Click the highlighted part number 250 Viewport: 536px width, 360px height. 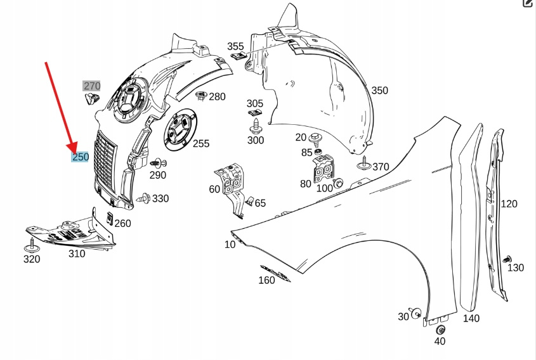pyautogui.click(x=80, y=157)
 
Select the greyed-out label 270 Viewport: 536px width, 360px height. pyautogui.click(x=92, y=86)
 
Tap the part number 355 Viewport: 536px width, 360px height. pyautogui.click(x=235, y=46)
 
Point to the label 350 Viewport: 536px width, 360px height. pyautogui.click(x=379, y=91)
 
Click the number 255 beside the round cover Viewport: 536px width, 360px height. pyautogui.click(x=200, y=144)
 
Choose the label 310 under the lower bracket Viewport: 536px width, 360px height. pyautogui.click(x=77, y=254)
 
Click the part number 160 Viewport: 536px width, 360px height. pyautogui.click(x=267, y=280)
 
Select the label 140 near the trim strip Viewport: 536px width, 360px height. pyautogui.click(x=471, y=318)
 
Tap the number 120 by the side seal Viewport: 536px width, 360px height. pyautogui.click(x=509, y=203)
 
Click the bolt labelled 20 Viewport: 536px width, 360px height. pyautogui.click(x=315, y=137)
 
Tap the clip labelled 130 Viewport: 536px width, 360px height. pyautogui.click(x=506, y=259)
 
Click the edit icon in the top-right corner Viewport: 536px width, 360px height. pyautogui.click(x=528, y=4)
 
